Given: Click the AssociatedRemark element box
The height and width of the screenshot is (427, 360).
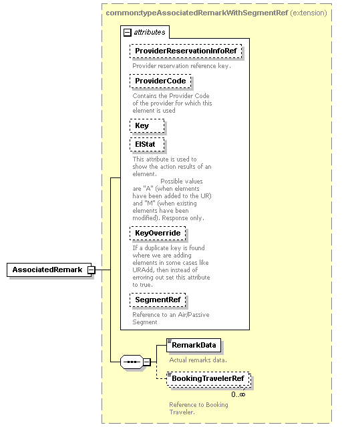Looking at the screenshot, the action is tap(49, 270).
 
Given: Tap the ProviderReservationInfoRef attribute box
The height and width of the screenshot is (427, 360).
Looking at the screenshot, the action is tap(186, 51).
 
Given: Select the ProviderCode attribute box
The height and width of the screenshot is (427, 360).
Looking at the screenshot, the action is tap(160, 81).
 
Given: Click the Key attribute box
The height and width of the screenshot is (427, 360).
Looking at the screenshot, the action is tap(147, 126).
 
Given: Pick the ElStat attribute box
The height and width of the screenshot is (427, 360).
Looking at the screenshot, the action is tap(147, 145).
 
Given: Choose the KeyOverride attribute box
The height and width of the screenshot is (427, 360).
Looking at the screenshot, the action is tap(158, 234).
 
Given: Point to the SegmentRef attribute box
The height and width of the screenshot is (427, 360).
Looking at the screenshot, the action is tap(158, 300).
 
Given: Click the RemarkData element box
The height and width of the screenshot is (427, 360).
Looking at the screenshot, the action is tap(194, 346).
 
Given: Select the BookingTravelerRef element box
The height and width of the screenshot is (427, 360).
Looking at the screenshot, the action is tap(208, 379).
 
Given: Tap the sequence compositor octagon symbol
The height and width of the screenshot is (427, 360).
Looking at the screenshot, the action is tap(132, 362).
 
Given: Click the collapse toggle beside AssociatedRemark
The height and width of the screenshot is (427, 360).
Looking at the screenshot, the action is tap(92, 270).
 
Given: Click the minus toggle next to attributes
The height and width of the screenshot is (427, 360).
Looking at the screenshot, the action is tap(128, 33).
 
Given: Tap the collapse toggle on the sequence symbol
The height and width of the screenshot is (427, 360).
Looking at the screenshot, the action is tap(147, 362).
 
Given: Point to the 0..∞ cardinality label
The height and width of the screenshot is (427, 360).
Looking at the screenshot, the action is tap(238, 394).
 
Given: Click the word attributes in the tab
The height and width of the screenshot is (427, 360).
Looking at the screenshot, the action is tap(150, 33).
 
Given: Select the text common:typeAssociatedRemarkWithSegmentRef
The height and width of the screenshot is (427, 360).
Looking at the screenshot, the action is tap(197, 13).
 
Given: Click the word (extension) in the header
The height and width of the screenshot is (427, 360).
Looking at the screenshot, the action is tap(309, 13).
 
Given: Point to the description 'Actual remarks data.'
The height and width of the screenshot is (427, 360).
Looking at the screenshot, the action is tap(198, 360).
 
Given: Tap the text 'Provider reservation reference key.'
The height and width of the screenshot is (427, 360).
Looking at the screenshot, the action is tap(182, 66).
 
